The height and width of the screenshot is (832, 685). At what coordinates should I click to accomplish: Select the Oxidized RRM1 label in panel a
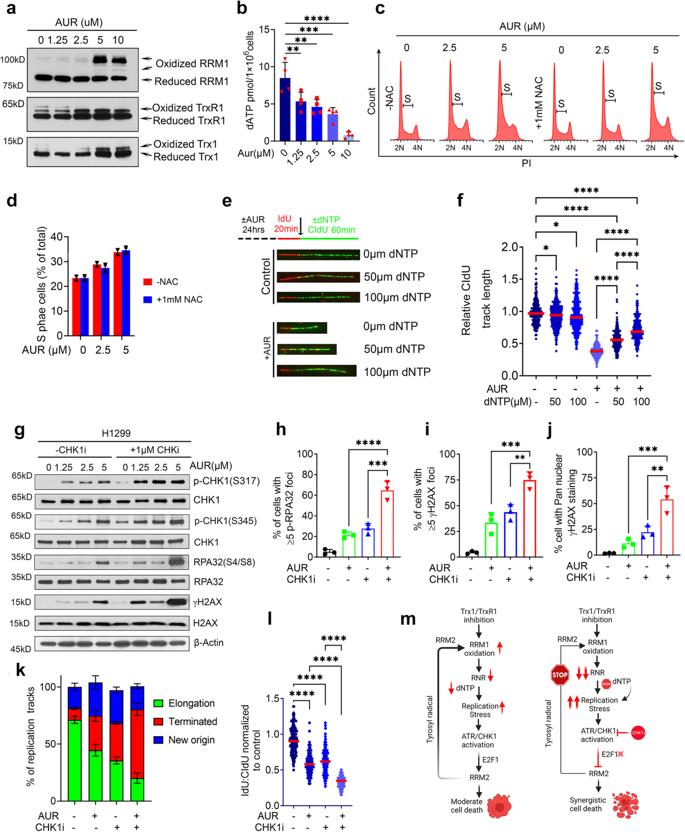(x=192, y=63)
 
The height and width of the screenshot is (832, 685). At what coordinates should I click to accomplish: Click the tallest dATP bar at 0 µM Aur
(x=285, y=109)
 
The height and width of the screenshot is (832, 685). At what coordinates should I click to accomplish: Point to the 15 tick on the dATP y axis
(x=264, y=30)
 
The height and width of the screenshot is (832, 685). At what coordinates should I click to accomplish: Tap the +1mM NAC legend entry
(x=179, y=299)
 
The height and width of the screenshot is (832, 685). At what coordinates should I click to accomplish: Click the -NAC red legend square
(x=148, y=282)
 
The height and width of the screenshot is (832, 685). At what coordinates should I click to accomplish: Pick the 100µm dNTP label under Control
(x=397, y=297)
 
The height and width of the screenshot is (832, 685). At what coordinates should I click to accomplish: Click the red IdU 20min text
(x=286, y=224)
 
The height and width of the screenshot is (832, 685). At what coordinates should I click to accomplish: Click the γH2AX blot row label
(x=207, y=602)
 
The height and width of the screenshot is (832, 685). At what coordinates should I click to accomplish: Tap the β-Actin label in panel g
(x=208, y=643)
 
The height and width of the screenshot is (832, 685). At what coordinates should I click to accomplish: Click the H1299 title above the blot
(x=116, y=433)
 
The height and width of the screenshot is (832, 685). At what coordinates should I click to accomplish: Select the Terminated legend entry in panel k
(x=192, y=721)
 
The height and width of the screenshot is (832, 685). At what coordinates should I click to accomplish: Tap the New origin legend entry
(x=191, y=740)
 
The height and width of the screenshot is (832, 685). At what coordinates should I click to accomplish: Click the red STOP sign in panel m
(x=559, y=675)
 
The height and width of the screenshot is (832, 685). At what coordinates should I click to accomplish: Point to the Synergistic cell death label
(x=587, y=804)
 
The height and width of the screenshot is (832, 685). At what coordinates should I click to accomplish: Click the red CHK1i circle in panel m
(x=638, y=732)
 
